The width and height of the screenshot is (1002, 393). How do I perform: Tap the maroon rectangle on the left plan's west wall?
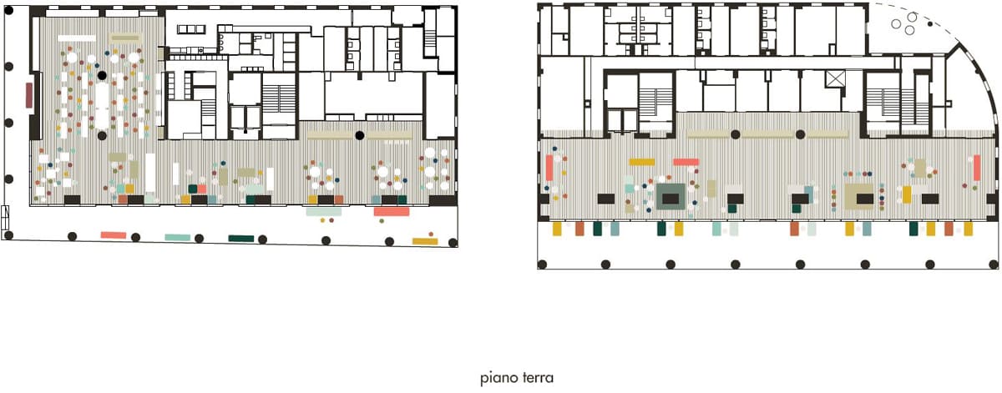point(29,95)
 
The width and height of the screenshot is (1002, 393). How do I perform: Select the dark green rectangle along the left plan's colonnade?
point(241,239)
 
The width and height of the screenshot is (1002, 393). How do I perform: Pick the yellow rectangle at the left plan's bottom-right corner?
point(425,241)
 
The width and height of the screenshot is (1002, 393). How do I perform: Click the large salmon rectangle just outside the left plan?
point(392,211)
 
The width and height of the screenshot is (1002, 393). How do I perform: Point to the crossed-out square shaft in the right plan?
point(836,78)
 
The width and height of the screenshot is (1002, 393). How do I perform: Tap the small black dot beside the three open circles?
point(930,23)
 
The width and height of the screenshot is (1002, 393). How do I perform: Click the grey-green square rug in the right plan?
point(671,197)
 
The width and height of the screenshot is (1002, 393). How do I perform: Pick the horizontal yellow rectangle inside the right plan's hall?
point(642,163)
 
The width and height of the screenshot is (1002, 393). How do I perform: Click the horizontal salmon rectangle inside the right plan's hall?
point(686,163)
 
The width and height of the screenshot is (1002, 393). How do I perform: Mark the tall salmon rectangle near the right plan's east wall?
point(977,168)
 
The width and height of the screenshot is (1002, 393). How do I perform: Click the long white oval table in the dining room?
point(102,105)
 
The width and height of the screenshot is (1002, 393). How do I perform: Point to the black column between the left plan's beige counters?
point(360,135)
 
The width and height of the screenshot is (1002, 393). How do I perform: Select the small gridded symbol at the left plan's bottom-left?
point(5,217)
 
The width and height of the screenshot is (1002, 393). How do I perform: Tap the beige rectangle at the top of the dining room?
point(126,38)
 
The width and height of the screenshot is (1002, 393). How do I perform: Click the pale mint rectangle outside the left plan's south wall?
point(324,212)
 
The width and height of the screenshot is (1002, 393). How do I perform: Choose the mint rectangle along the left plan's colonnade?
point(178,238)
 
